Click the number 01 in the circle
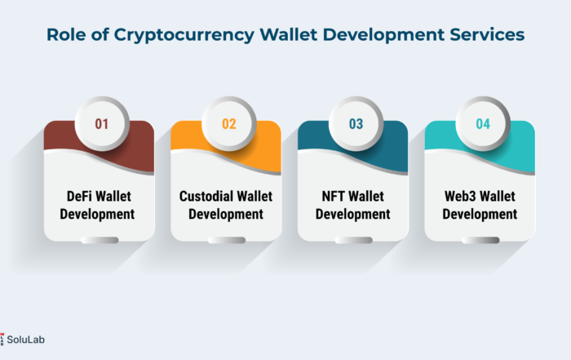(x=102, y=124)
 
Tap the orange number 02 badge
(x=229, y=123)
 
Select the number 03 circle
(x=356, y=123)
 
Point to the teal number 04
(x=483, y=124)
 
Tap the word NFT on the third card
(x=334, y=197)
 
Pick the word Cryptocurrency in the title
(x=184, y=35)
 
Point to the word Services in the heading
(x=487, y=34)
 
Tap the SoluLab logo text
(x=25, y=340)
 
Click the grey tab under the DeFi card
(x=100, y=240)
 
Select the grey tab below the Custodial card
(x=227, y=240)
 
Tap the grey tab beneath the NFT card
(x=353, y=240)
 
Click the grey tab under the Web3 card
(x=480, y=240)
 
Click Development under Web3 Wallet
(x=480, y=214)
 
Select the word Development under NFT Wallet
(x=353, y=214)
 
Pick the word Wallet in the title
(x=289, y=34)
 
